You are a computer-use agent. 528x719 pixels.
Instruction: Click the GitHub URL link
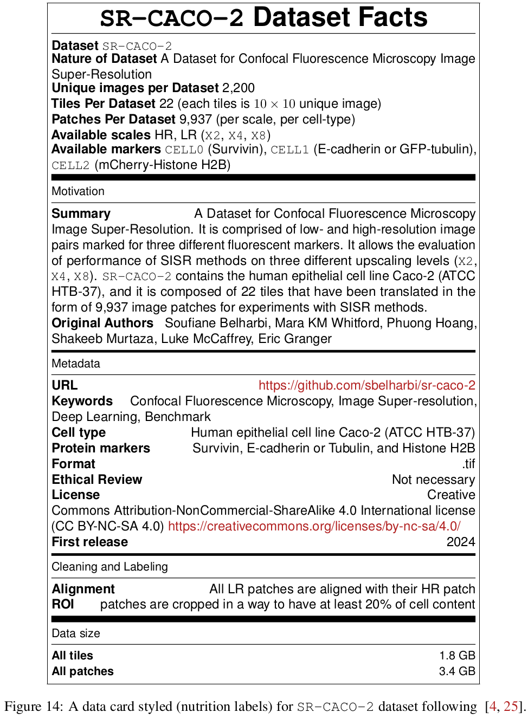click(366, 385)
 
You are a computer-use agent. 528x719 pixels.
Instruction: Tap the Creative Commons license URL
click(314, 526)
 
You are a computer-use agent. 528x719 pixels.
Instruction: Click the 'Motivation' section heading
click(78, 191)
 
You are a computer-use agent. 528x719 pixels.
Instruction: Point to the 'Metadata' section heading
click(76, 364)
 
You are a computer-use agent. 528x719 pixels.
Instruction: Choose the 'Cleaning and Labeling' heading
click(110, 567)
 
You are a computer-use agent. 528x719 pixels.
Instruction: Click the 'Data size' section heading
click(76, 633)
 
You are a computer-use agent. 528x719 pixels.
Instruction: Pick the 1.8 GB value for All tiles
click(457, 656)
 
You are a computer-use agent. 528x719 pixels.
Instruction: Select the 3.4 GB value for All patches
click(457, 671)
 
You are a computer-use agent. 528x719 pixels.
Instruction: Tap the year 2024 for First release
click(461, 542)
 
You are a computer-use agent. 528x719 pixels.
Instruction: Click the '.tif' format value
click(469, 464)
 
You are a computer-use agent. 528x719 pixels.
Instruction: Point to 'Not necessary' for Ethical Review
click(433, 480)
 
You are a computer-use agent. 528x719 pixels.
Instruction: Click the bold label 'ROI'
click(63, 604)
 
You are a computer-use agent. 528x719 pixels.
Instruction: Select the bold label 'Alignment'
click(83, 589)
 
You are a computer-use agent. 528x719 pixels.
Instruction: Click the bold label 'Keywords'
click(82, 401)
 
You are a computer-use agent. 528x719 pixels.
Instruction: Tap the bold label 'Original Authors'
click(102, 323)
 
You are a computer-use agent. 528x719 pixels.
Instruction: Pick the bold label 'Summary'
click(81, 213)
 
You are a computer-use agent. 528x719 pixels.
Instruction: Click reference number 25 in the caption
click(511, 706)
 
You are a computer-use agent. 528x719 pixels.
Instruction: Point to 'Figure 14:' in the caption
click(34, 706)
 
